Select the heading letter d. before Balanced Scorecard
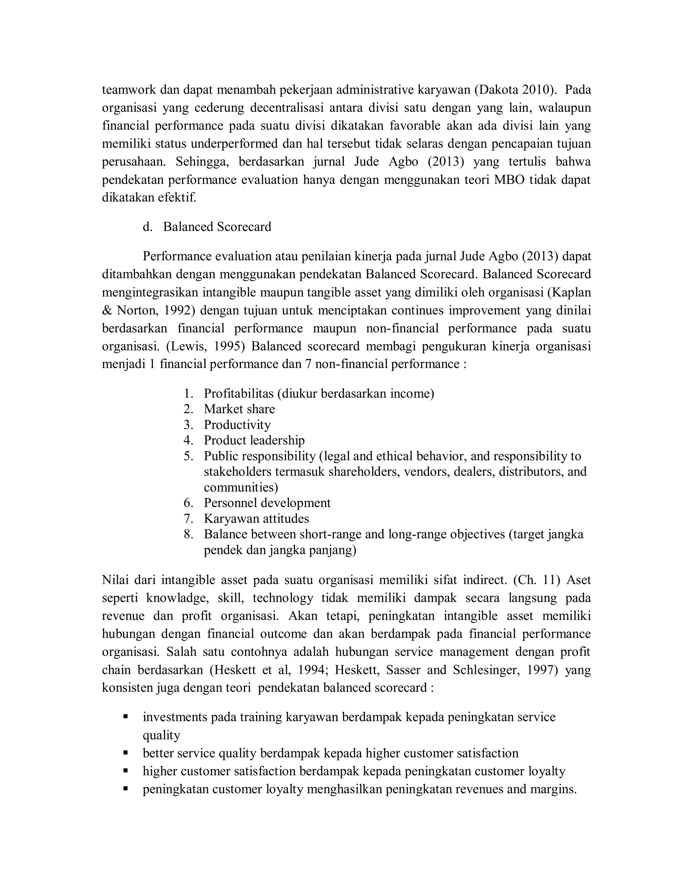pyautogui.click(x=147, y=227)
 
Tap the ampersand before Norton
pyautogui.click(x=106, y=310)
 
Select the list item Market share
pyautogui.click(x=239, y=409)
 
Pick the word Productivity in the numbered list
pyautogui.click(x=237, y=425)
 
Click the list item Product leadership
pyautogui.click(x=254, y=440)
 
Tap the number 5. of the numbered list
pyautogui.click(x=189, y=456)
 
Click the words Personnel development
pyautogui.click(x=267, y=503)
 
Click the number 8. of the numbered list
pyautogui.click(x=189, y=534)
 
